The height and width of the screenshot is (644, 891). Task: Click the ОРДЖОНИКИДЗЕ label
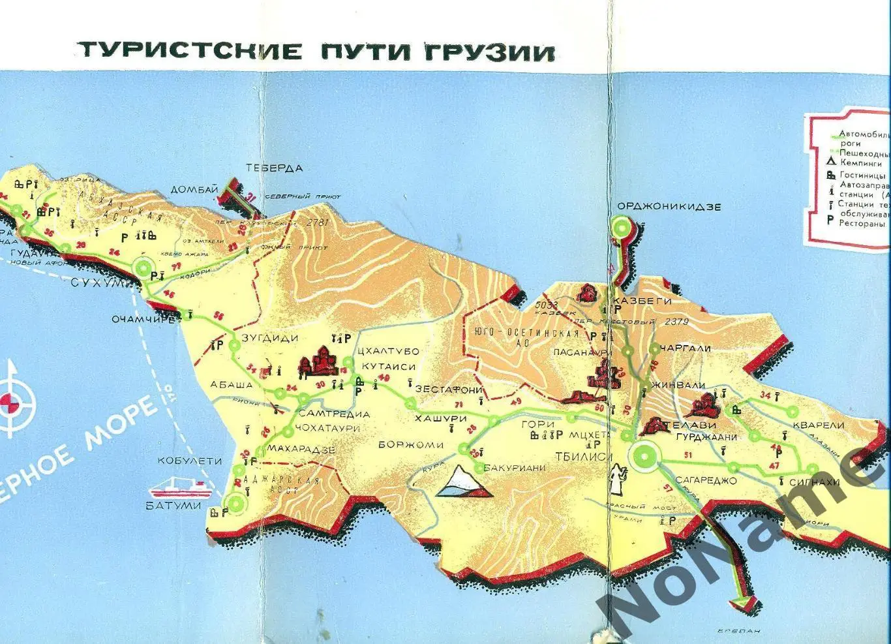click(x=669, y=207)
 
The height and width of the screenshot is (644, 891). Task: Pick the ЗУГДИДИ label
click(x=269, y=338)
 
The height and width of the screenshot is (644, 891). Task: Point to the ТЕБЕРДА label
click(x=274, y=168)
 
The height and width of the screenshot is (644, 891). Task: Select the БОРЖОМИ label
click(x=411, y=445)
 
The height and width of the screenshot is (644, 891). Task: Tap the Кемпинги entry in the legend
click(x=860, y=163)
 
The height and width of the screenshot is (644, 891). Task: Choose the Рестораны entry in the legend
click(x=861, y=223)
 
